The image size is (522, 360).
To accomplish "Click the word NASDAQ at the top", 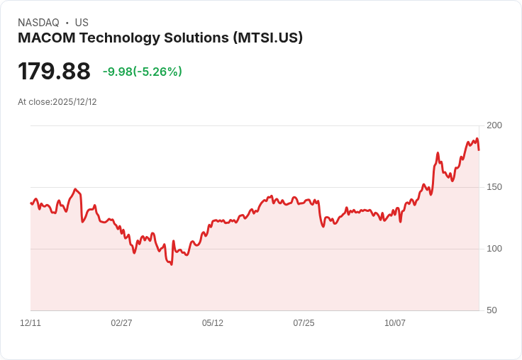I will pos(38,23).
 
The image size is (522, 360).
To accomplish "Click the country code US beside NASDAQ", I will pos(82,23).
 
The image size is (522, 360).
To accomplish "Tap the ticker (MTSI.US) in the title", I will pos(268,38).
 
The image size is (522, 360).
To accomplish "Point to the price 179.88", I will pos(54,72).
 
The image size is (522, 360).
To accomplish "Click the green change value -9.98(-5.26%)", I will pos(142,72).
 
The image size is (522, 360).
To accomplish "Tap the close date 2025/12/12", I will pos(74,102).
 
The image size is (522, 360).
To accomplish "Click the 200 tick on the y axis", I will pos(494,125).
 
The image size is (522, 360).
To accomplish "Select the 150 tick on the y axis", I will pos(494,187).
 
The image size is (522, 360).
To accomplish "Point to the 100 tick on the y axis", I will pos(494,249).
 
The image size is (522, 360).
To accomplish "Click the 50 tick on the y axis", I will pos(491,310).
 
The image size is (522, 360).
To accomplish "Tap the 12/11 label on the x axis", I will pos(30,323).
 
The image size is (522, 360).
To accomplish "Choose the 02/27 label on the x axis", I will pos(121,323).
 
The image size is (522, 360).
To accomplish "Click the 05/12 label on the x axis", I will pos(213,323).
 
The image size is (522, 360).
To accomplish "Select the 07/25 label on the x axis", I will pos(304,323).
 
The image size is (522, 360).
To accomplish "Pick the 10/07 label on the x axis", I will pos(395,323).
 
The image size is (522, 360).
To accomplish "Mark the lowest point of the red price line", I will pos(171,264).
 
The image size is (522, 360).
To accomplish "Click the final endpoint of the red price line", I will pos(479,150).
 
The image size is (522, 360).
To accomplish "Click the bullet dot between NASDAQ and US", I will pos(67,23).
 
